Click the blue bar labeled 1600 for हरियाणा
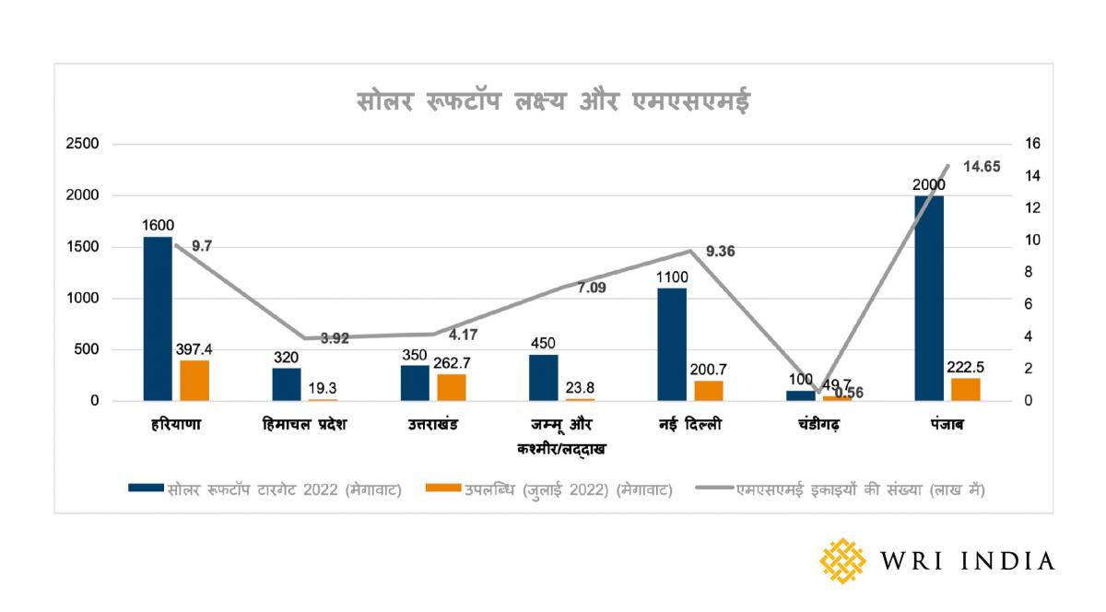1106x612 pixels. coord(158,319)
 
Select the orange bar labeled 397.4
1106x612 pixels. coord(194,381)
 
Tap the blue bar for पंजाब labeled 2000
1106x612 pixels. coord(929,299)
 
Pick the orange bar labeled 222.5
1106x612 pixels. coord(965,390)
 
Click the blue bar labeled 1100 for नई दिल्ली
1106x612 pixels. coord(672,345)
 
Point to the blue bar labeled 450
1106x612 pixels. coord(544,378)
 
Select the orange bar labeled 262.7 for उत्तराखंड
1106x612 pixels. coord(452,387)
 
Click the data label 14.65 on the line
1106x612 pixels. coord(982,167)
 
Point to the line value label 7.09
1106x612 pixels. coord(592,288)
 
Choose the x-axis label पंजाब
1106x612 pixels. coord(947,426)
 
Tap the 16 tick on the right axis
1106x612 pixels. coord(1032,144)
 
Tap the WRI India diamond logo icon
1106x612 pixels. coord(843,560)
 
